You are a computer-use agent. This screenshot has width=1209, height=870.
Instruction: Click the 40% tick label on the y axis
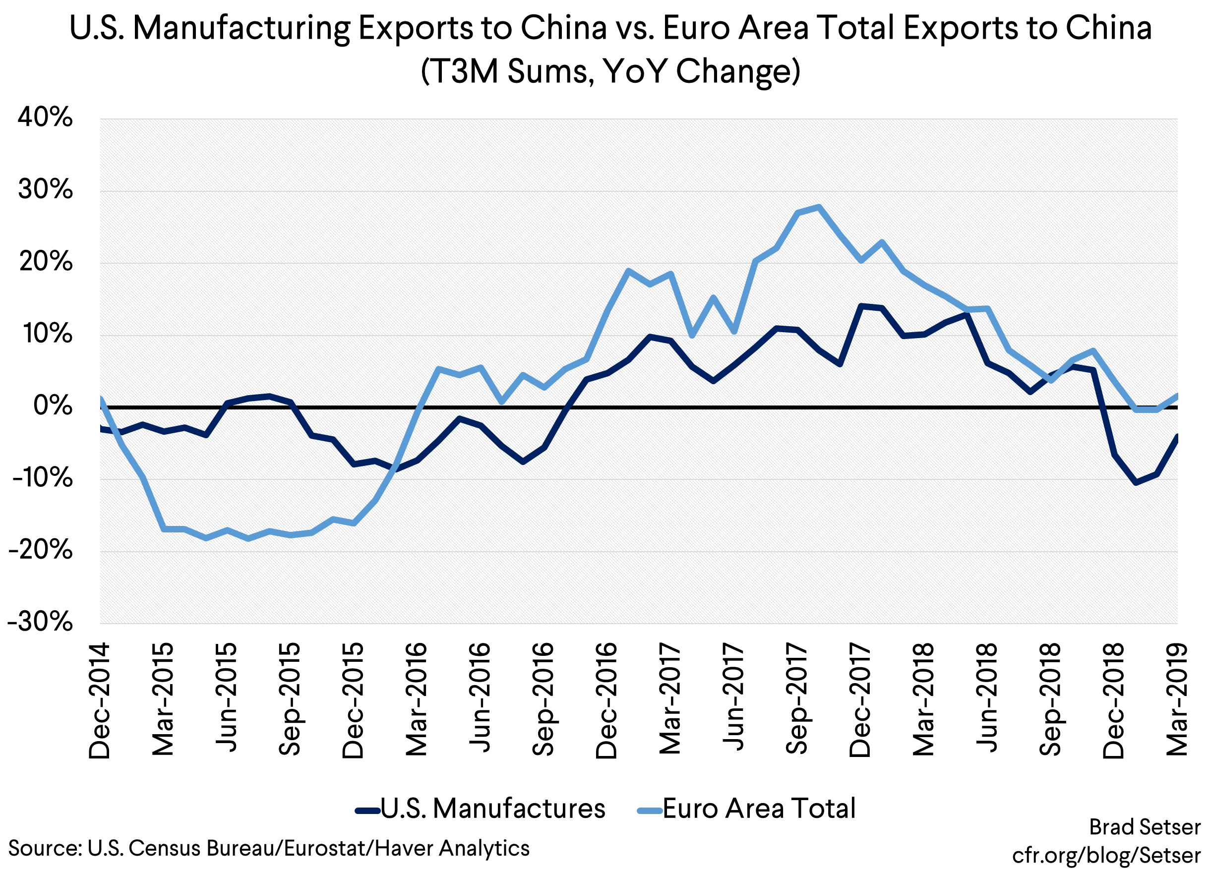pyautogui.click(x=45, y=117)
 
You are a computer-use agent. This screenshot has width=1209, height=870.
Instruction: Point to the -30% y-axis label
pyautogui.click(x=41, y=622)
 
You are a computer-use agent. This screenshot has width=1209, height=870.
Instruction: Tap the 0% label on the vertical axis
pyautogui.click(x=53, y=406)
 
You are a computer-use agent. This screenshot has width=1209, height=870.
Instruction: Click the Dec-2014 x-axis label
pyautogui.click(x=100, y=700)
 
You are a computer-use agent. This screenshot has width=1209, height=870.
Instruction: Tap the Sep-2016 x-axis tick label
pyautogui.click(x=543, y=699)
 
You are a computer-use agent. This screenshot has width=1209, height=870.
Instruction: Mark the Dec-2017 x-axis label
pyautogui.click(x=860, y=700)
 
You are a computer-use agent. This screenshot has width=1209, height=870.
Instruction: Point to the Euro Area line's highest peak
pyautogui.click(x=819, y=207)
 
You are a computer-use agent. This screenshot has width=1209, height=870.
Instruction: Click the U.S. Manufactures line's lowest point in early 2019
pyautogui.click(x=1136, y=483)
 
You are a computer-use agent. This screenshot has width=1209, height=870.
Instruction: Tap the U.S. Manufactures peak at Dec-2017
pyautogui.click(x=860, y=306)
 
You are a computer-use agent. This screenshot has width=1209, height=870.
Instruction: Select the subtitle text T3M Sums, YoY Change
pyautogui.click(x=610, y=71)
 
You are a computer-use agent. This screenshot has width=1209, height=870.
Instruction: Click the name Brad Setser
pyautogui.click(x=1145, y=827)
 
